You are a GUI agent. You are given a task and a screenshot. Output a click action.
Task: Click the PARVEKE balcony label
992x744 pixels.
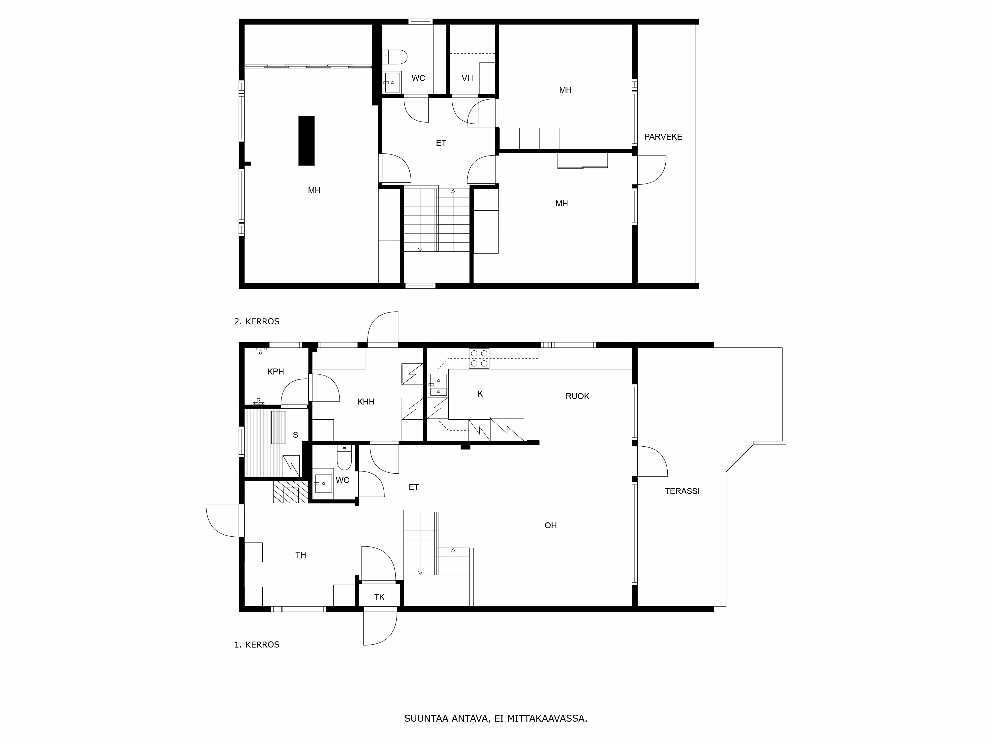coord(663,137)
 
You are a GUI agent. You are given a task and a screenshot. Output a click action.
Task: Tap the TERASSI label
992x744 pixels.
coord(682,491)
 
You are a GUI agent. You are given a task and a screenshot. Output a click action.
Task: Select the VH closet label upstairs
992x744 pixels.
coord(467,78)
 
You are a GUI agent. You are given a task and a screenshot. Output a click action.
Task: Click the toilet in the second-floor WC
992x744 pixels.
coord(397,57)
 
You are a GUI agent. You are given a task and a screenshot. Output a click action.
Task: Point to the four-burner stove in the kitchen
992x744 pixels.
coord(479,358)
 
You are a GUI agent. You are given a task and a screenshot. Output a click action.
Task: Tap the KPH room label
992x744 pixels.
coord(275,371)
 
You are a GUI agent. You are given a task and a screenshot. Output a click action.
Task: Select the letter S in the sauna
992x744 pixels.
coord(295,434)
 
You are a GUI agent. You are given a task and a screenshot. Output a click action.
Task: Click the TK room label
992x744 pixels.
coord(379,597)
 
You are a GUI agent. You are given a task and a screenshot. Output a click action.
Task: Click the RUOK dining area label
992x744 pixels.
coord(577,396)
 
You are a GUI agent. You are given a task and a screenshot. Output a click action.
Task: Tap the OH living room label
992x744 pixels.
coord(550,525)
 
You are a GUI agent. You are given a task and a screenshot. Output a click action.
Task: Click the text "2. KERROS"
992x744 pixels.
coord(256,322)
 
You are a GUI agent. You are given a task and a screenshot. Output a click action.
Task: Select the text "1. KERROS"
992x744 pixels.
coord(256,645)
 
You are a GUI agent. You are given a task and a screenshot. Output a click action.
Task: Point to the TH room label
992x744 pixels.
coord(301,555)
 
